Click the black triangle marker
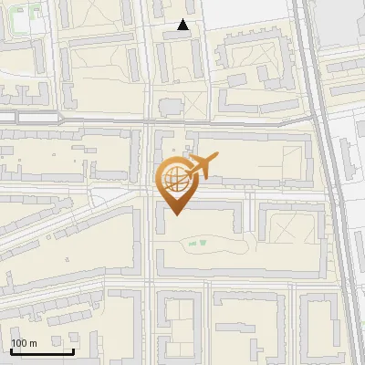183,25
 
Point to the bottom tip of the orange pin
175,215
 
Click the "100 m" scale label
24,343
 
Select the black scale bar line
42,351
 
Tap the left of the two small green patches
191,244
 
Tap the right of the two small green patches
203,242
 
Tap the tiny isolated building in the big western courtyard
68,259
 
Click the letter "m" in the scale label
33,343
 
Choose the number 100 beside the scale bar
19,343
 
